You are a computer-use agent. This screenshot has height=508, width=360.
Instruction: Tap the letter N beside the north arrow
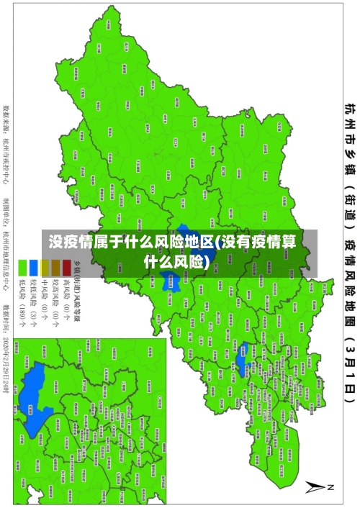point(332,487)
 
